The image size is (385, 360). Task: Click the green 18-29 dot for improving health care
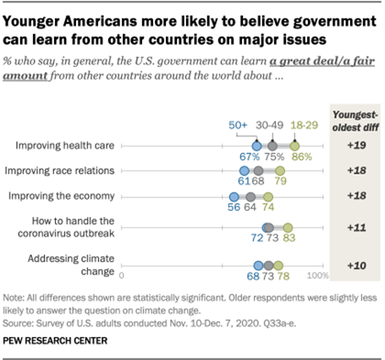[x=294, y=146]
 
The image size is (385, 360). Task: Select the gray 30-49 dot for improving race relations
[x=258, y=170]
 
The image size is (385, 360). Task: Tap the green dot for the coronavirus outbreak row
[x=288, y=228]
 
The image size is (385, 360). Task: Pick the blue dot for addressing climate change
[x=254, y=264]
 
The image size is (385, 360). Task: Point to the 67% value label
[x=249, y=158]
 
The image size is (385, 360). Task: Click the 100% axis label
[x=316, y=276]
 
